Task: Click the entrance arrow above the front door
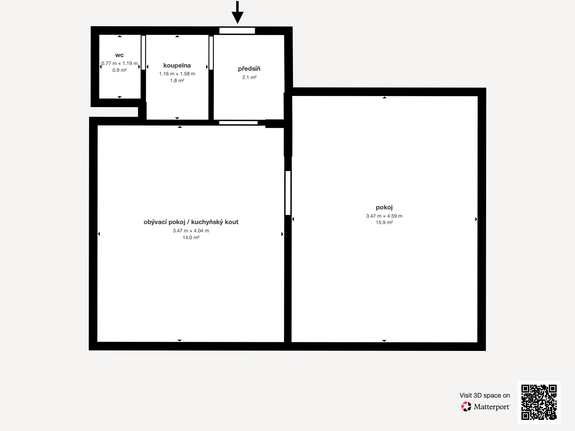coord(237,13)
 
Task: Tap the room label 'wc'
coord(119,55)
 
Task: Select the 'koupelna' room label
coord(177,65)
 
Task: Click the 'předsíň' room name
coord(249,69)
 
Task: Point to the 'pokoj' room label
coord(384,207)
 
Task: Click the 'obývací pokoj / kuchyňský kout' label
coord(191,222)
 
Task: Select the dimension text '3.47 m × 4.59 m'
coord(384,216)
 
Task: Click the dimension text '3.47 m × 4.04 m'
coord(191,231)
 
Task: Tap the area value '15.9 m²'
coord(384,223)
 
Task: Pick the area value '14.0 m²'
coord(191,237)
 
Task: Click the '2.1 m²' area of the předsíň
coord(249,77)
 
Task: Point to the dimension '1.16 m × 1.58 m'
coord(177,74)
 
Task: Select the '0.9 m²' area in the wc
coord(119,70)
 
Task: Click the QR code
coord(539,402)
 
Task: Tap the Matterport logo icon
coord(466,407)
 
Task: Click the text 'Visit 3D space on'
coord(484,395)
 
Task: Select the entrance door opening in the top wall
coord(237,31)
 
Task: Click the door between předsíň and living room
coord(238,123)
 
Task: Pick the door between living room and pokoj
coord(288,193)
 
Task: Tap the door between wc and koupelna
coord(143,52)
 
